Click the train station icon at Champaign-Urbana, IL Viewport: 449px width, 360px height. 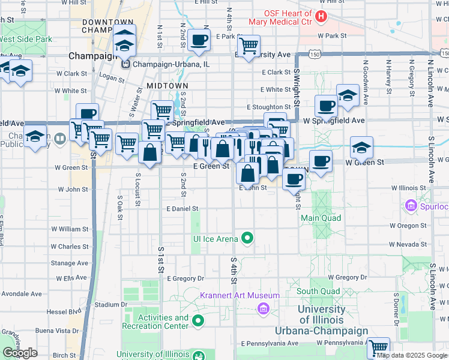point(125,64)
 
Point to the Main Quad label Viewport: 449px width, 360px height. point(321,218)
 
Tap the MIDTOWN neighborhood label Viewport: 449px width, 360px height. point(167,86)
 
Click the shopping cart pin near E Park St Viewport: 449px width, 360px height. point(248,44)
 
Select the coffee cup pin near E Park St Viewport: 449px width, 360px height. point(199,40)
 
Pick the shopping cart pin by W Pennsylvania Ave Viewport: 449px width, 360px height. point(378,347)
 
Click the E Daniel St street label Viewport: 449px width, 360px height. point(182,209)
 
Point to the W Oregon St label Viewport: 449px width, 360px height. point(408,226)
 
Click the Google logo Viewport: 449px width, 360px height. point(20,353)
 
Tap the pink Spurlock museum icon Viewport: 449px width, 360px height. point(411,206)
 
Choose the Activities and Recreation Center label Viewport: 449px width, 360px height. point(155,322)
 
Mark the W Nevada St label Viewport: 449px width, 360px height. point(408,245)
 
